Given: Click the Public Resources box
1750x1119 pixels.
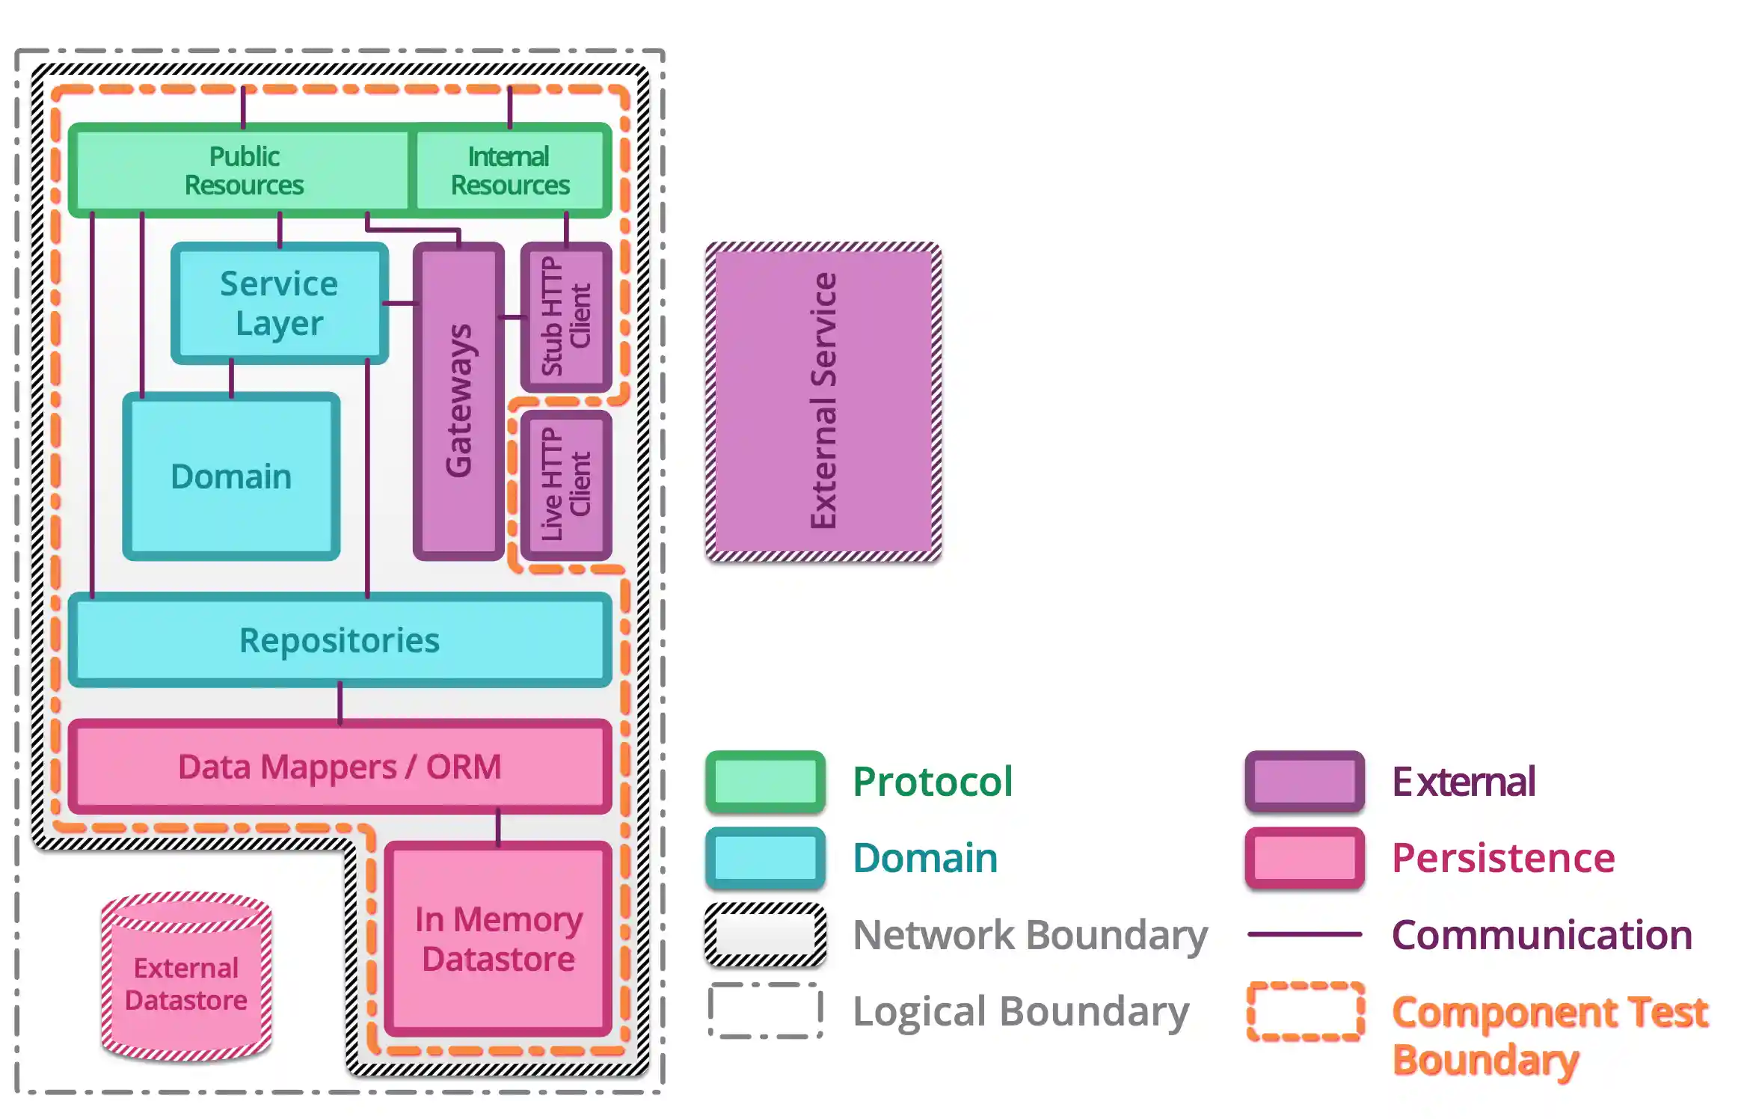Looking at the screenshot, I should pyautogui.click(x=243, y=171).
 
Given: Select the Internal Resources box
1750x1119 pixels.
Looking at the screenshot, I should pyautogui.click(x=510, y=171).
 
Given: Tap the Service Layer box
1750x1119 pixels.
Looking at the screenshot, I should pyautogui.click(x=279, y=303).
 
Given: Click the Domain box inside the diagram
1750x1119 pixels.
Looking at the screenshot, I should pyautogui.click(x=231, y=476).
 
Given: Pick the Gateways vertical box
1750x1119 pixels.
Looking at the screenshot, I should pyautogui.click(x=458, y=402).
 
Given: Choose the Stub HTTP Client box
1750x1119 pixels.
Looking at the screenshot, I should pyautogui.click(x=566, y=316).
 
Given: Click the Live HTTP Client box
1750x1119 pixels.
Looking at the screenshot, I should pyautogui.click(x=566, y=485).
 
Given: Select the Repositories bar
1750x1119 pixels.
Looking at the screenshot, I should pyautogui.click(x=340, y=640).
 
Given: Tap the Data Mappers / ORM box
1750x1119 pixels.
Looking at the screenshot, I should pyautogui.click(x=340, y=767).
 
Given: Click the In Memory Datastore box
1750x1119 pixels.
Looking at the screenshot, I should pyautogui.click(x=498, y=939).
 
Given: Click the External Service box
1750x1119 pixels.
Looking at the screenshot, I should pyautogui.click(x=823, y=402).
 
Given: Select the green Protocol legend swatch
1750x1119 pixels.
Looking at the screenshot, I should pyautogui.click(x=765, y=782).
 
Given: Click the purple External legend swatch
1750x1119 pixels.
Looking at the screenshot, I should pyautogui.click(x=1304, y=782).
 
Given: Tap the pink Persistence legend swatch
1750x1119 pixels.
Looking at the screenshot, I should pyautogui.click(x=1304, y=858).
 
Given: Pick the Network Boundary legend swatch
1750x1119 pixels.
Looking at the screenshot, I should pyautogui.click(x=765, y=935).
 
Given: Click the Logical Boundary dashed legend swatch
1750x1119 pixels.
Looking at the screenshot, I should pyautogui.click(x=765, y=1011).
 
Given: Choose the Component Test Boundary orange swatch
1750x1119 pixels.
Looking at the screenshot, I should pyautogui.click(x=1304, y=1011).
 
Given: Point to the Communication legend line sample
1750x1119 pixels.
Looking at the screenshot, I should pyautogui.click(x=1304, y=934).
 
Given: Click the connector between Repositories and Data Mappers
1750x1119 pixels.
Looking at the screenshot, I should pyautogui.click(x=340, y=703).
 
